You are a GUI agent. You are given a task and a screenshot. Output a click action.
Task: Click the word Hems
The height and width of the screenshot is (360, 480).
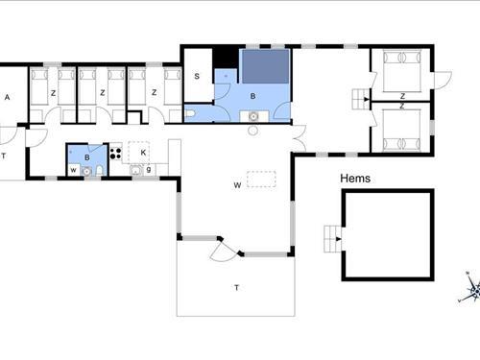[355, 179]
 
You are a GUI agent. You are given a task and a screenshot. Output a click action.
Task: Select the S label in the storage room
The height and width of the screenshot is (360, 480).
[197, 76]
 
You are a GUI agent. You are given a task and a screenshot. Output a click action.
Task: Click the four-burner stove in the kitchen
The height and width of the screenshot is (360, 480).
[115, 153]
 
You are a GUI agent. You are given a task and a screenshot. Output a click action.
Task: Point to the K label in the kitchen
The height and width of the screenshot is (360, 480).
[143, 153]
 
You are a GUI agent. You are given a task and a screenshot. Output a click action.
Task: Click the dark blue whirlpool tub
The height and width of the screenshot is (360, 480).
[266, 67]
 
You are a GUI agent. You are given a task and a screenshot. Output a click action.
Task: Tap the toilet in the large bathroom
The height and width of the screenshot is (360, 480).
[189, 114]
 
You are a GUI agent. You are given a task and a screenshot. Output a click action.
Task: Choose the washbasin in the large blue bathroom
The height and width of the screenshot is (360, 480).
[253, 116]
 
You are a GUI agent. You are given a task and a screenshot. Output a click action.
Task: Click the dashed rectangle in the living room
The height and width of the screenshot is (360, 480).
[261, 180]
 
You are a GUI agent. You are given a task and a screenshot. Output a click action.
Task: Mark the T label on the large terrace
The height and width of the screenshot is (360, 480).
[236, 288]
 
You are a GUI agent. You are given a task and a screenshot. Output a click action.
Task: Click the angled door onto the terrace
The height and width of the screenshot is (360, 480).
[224, 249]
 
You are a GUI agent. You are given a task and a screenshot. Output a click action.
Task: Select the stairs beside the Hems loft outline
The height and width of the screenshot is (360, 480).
[332, 239]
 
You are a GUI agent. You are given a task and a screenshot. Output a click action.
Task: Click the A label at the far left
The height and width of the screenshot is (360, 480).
[7, 97]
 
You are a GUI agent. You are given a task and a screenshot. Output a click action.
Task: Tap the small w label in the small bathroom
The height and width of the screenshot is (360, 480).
[74, 170]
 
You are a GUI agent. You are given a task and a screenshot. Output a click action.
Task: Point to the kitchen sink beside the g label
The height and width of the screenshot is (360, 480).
[136, 170]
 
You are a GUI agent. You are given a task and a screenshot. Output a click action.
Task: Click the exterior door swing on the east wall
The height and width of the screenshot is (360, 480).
[443, 80]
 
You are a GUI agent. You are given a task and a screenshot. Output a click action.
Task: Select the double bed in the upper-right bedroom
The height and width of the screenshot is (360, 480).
[402, 71]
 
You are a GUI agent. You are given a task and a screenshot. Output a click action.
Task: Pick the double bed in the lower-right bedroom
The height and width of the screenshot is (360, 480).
[402, 130]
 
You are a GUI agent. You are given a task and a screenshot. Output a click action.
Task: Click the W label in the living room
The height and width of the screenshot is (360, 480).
[237, 185]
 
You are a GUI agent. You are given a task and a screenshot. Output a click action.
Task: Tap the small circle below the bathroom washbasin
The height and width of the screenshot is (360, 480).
[253, 131]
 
